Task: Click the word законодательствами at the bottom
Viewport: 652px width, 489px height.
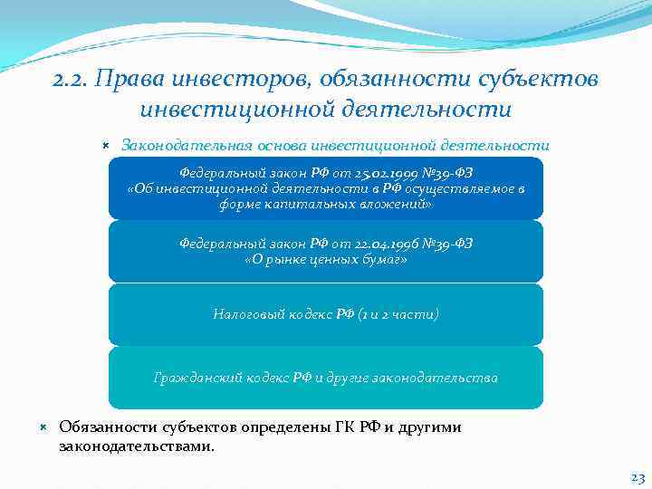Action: coord(136,446)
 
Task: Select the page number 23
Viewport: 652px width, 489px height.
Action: coord(637,476)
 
